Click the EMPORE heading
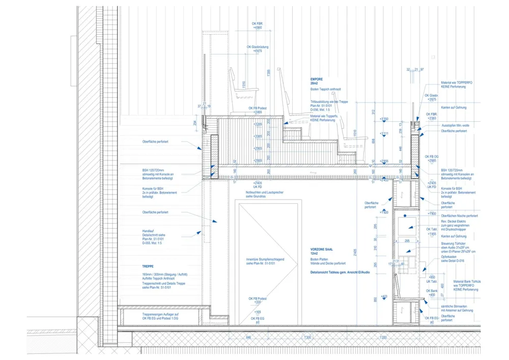(317, 80)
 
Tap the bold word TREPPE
(148, 266)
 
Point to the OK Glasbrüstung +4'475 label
(258, 49)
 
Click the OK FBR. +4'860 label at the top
(258, 25)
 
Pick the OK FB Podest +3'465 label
(258, 110)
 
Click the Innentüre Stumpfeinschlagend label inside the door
(265, 261)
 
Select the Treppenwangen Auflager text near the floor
(160, 316)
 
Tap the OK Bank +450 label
(432, 292)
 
